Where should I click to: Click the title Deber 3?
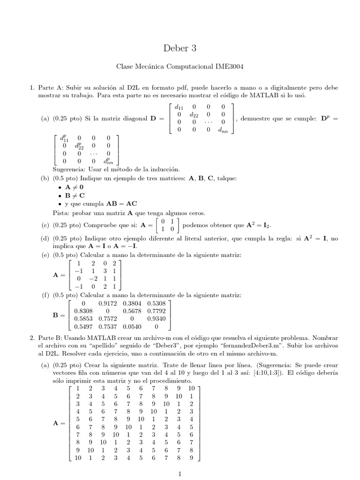pyautogui.click(x=180, y=48)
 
